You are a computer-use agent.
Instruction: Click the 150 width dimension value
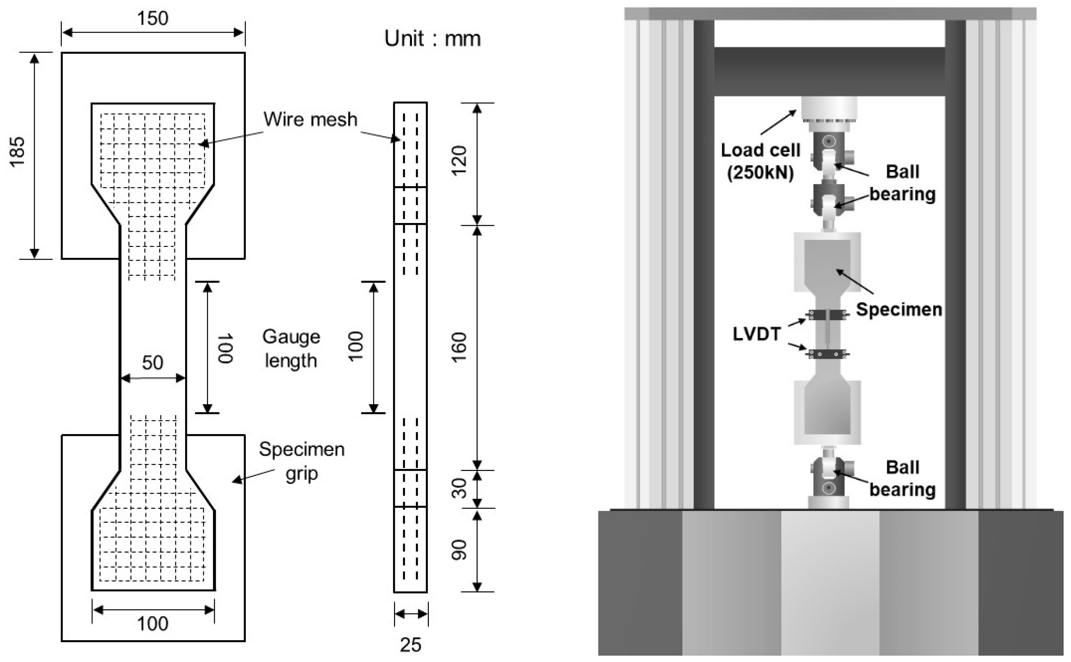pos(152,18)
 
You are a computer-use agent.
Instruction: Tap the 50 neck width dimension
pos(152,363)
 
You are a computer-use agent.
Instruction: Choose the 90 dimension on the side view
pos(459,550)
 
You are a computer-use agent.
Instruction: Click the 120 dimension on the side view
pos(459,161)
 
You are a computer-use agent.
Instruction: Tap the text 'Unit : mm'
pos(432,39)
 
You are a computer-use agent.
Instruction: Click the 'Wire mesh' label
pos(310,119)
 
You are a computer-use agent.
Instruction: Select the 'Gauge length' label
pos(291,349)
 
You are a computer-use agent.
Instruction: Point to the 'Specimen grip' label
pos(302,461)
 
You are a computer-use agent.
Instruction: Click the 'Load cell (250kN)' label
pos(760,161)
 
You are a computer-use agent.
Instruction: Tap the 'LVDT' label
pos(757,335)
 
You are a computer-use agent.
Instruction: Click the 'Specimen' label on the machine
pos(899,310)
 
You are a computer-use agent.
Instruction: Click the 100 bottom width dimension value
pos(152,623)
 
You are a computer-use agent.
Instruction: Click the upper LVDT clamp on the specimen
pos(826,315)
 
